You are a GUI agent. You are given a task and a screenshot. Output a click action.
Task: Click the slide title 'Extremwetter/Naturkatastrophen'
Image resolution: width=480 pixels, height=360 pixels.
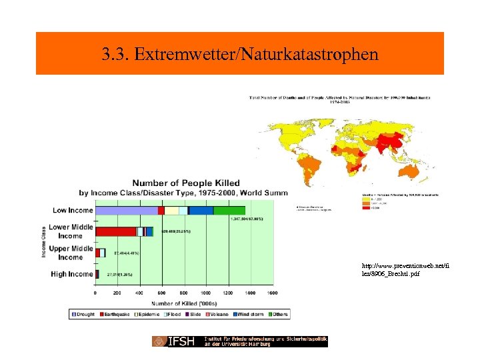click(x=239, y=54)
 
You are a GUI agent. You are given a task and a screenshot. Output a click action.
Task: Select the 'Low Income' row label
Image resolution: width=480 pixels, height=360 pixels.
click(x=72, y=211)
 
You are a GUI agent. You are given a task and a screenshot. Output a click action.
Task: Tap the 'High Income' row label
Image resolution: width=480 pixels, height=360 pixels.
click(x=72, y=274)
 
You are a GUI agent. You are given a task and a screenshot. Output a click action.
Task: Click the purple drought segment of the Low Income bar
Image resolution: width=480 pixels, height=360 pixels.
click(x=127, y=211)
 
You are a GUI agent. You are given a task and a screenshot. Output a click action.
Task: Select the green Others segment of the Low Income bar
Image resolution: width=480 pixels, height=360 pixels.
click(x=229, y=211)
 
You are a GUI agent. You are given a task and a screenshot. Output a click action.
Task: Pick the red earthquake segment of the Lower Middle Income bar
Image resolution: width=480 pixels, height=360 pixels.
click(x=116, y=231)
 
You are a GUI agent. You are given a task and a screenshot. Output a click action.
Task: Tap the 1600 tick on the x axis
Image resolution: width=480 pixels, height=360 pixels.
click(x=272, y=293)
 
